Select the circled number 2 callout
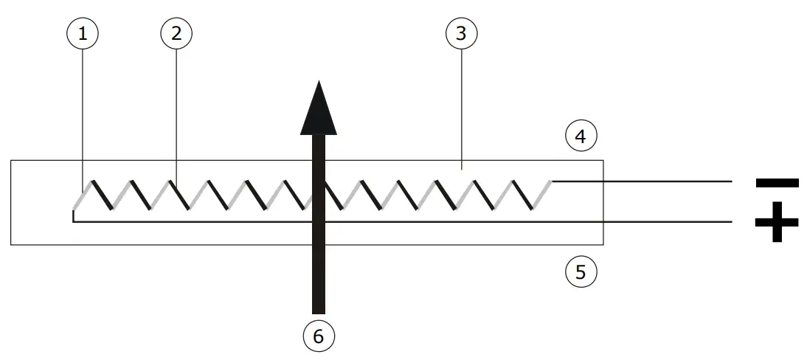point(176,33)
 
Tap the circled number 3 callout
point(462,33)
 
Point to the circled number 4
point(581,136)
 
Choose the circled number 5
point(581,272)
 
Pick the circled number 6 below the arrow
point(319,336)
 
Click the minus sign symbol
point(777,182)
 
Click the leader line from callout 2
point(176,111)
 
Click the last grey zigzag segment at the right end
point(543,195)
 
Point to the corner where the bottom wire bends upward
point(74,221)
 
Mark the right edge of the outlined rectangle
point(603,202)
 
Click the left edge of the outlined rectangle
point(11,202)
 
